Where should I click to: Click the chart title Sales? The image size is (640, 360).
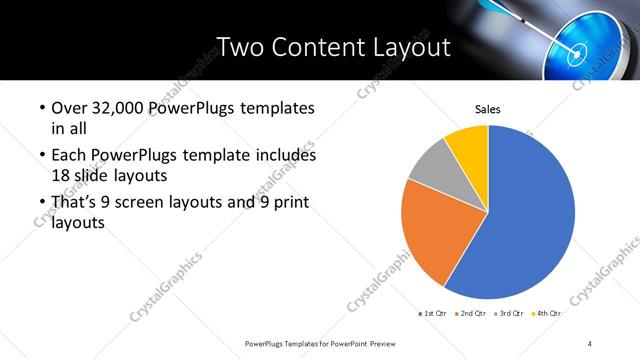click(x=487, y=109)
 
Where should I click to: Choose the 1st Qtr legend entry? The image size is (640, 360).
click(x=433, y=313)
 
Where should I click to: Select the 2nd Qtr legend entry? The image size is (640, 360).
click(x=473, y=313)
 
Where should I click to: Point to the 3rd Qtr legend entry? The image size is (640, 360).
click(x=510, y=313)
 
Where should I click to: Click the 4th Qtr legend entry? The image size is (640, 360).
click(x=547, y=313)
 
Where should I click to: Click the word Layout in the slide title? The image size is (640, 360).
click(x=406, y=46)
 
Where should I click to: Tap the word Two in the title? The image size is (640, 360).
click(x=242, y=46)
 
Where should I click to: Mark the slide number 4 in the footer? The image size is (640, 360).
click(x=590, y=343)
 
